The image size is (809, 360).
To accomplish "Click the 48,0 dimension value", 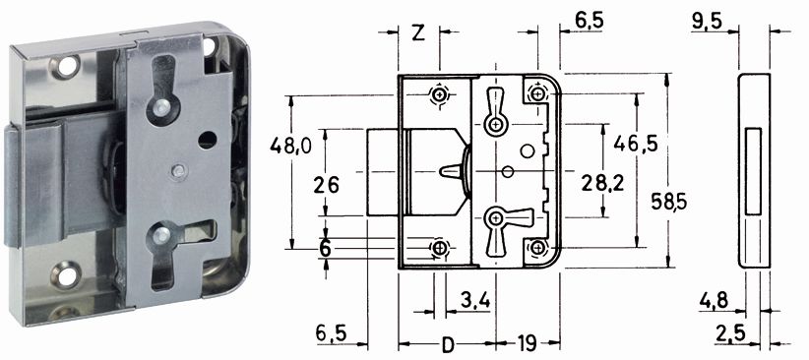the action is coord(290,147).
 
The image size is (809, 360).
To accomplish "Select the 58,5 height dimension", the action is coord(668,202).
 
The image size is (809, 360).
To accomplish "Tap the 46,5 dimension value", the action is coord(636,144).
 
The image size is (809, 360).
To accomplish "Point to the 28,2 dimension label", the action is coord(602,183).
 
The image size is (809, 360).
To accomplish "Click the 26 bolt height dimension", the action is coord(327,184).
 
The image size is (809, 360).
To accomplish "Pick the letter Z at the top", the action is coord(419,33).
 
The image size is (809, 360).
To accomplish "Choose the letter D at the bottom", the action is coord(448,343).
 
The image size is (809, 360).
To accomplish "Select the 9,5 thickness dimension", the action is coord(707,23).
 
